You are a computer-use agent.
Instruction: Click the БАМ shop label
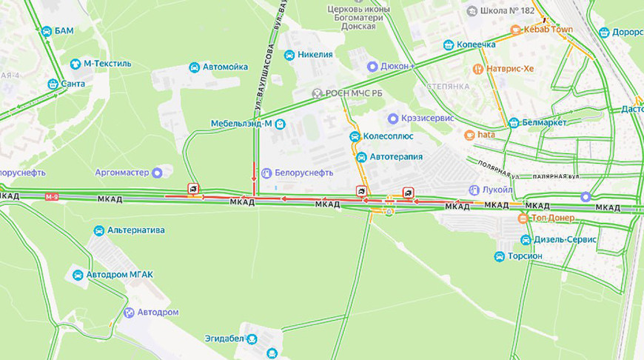tap(64, 31)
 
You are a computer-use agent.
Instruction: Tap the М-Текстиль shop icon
tap(75, 64)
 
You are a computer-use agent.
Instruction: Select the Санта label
tap(73, 84)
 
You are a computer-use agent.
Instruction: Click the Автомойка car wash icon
tap(194, 67)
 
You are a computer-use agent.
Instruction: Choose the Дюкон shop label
tap(395, 65)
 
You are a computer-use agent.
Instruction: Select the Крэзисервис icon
tap(393, 119)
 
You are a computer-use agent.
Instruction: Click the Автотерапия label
tap(396, 157)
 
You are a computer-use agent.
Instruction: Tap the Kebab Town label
tap(548, 30)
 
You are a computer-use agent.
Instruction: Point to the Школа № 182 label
tap(507, 11)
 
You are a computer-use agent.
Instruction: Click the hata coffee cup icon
tap(469, 135)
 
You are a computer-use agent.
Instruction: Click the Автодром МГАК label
tap(119, 275)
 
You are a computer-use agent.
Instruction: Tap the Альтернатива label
tap(136, 230)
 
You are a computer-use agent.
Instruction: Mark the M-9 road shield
tap(51, 196)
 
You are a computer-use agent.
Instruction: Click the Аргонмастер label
tap(121, 173)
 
